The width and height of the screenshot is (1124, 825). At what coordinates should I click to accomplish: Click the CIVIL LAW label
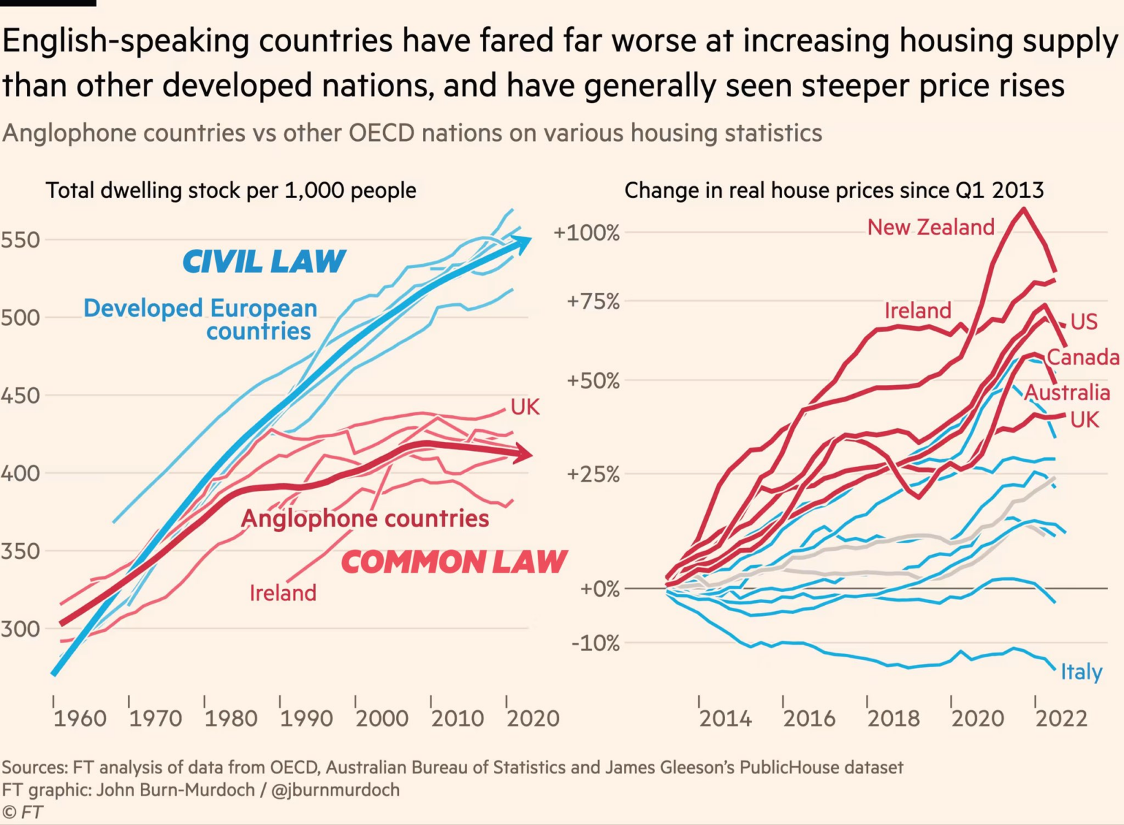[x=264, y=262]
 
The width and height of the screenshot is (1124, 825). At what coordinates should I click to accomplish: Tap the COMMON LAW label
[x=454, y=562]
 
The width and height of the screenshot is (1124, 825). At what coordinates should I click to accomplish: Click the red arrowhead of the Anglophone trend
[x=525, y=454]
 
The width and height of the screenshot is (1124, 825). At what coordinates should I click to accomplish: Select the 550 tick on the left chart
[x=20, y=240]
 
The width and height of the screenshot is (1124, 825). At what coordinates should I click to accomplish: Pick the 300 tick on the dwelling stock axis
[x=20, y=628]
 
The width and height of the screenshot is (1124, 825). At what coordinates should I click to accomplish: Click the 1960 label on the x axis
[x=80, y=719]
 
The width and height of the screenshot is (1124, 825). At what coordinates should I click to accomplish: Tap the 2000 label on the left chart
[x=382, y=719]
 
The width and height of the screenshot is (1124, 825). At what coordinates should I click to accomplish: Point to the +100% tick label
[x=586, y=233]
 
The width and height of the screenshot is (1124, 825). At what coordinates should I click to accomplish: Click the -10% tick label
[x=595, y=643]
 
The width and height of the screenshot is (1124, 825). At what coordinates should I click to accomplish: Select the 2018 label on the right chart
[x=894, y=719]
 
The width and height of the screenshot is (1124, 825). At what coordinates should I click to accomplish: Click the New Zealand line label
[x=931, y=228]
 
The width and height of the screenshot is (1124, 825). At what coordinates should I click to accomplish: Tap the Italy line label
[x=1081, y=672]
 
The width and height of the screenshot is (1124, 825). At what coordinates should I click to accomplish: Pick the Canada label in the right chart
[x=1083, y=357]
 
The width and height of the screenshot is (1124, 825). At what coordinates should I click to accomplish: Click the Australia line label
[x=1067, y=393]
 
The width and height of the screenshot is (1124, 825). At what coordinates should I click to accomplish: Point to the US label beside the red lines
[x=1084, y=322]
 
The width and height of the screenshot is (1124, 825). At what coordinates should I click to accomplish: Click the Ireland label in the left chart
[x=283, y=593]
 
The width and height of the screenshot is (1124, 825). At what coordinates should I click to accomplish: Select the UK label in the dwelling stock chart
[x=525, y=407]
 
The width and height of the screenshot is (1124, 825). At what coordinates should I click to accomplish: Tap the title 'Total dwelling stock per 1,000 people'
[x=231, y=190]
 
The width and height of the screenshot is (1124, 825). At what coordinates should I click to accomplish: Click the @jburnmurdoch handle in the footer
[x=336, y=790]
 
